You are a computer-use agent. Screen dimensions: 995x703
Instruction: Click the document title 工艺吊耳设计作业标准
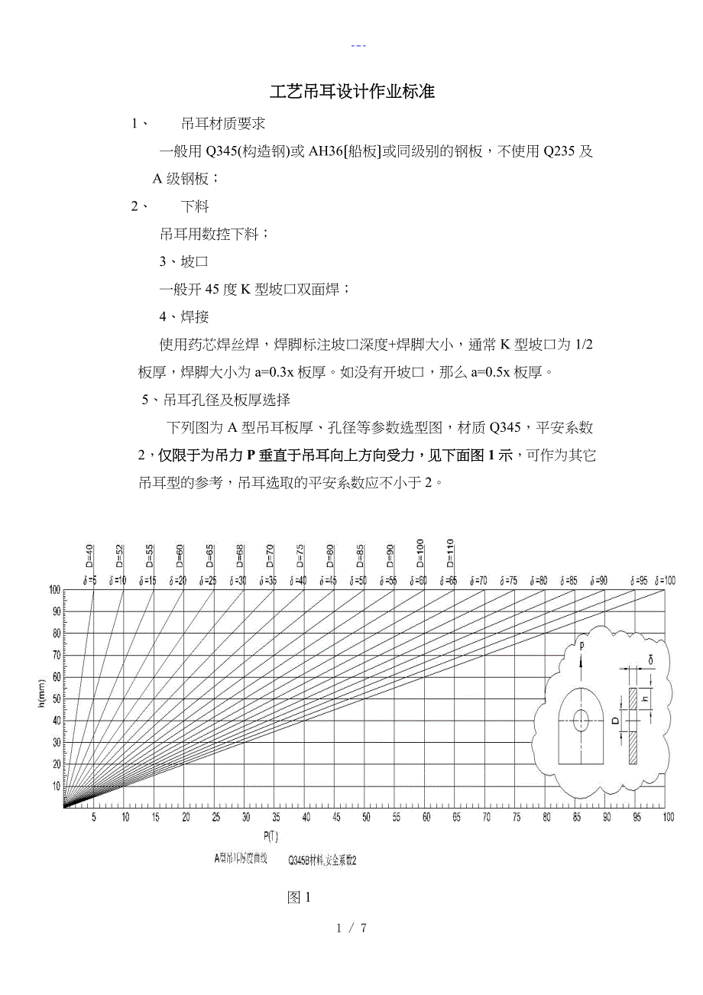click(352, 92)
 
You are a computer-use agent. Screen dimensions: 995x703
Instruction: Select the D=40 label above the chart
click(89, 556)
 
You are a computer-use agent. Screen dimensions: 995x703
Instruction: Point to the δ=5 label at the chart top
click(89, 582)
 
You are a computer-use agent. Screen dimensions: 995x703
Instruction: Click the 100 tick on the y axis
click(54, 590)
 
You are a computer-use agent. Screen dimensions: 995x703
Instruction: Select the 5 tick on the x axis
click(94, 818)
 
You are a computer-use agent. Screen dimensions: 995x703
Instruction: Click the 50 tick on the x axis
click(366, 818)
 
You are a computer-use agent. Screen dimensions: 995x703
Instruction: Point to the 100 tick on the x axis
click(668, 818)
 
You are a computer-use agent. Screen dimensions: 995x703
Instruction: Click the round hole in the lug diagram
click(582, 719)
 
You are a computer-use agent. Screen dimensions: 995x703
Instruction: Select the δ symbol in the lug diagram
click(651, 658)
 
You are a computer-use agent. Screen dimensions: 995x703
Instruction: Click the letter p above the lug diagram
click(582, 646)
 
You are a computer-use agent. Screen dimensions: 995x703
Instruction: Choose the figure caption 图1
click(299, 898)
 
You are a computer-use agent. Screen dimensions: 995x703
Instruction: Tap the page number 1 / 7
click(352, 929)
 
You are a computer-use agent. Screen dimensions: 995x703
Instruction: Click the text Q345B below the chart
click(300, 860)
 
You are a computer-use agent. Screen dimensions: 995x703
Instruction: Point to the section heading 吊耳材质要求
click(223, 124)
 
